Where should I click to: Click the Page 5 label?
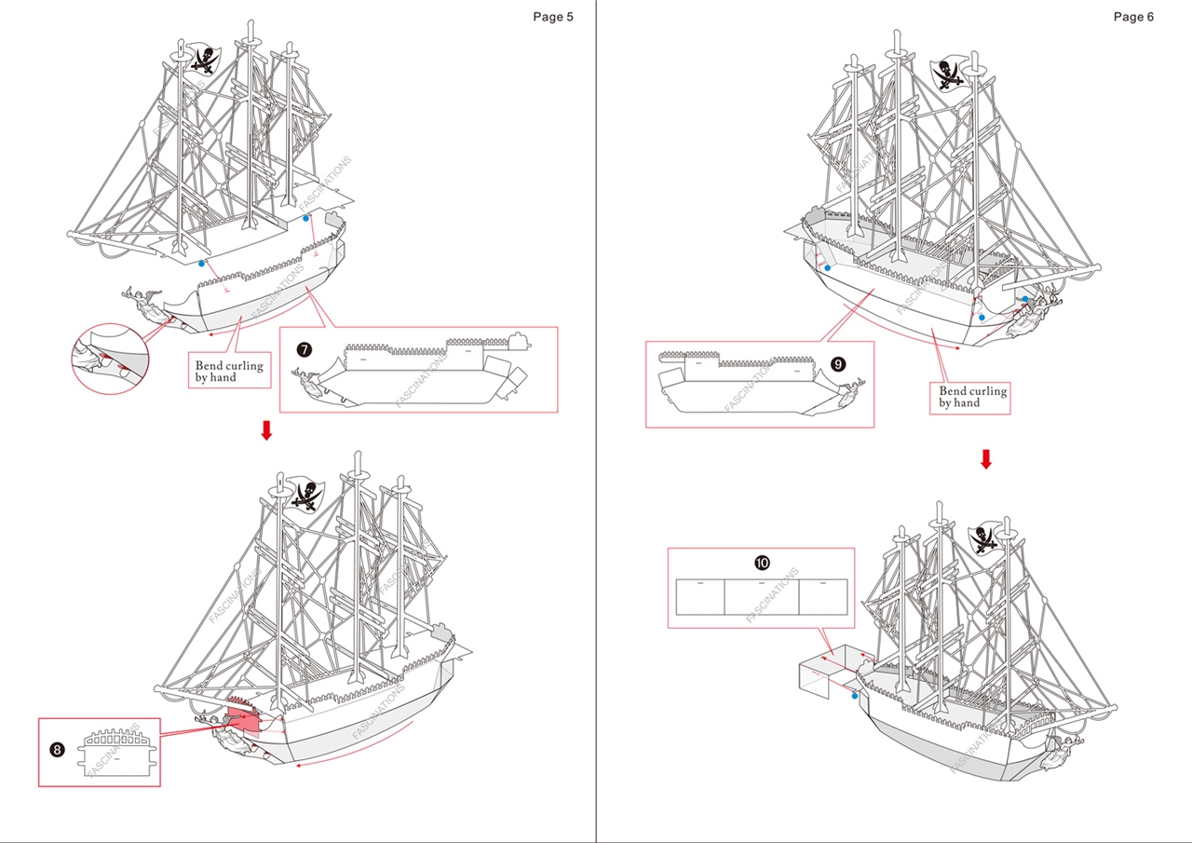553,17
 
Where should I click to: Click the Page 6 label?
1133,17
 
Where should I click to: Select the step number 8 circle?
57,749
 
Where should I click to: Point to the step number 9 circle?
838,364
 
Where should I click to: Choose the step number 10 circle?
762,563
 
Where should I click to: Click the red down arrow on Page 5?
266,430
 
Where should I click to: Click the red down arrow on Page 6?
986,459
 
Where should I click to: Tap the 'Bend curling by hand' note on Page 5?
229,372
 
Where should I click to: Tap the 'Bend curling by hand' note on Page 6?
972,397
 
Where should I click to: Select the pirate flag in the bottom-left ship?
305,494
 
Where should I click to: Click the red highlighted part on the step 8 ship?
244,722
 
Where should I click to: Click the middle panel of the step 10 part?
761,596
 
